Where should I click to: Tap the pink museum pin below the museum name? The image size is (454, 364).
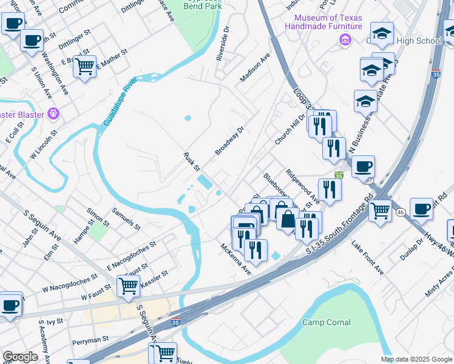(345, 40)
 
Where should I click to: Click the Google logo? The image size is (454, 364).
(20, 357)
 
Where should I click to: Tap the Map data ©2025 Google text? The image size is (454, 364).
(416, 359)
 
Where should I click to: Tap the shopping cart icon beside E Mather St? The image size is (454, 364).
(85, 66)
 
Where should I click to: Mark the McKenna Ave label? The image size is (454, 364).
(235, 259)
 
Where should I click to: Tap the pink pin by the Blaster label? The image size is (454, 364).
(53, 113)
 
